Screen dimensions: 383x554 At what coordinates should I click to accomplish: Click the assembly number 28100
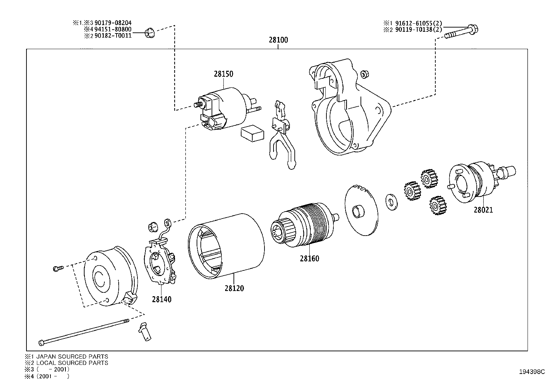coord(278,40)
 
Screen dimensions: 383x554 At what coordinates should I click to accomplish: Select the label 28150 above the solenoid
coord(223,74)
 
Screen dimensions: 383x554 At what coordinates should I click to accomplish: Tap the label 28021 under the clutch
coord(483,210)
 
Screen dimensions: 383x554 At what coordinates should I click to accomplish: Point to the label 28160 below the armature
coord(309,259)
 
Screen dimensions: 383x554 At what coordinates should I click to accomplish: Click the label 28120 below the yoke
coord(234,288)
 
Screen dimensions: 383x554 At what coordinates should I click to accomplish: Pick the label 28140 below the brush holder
coord(161,299)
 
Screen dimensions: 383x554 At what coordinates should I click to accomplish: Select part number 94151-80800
coord(113,29)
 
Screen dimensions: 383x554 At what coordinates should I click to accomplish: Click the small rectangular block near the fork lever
coord(252,133)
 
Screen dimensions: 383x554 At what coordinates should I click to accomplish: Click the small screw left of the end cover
coord(58,268)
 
